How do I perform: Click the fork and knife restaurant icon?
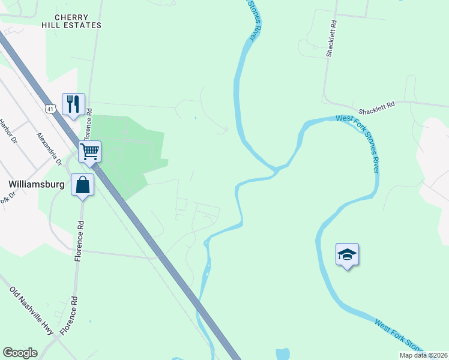click(x=73, y=104)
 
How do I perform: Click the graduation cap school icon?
click(x=347, y=254)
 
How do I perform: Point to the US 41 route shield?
click(x=50, y=109)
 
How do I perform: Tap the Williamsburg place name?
click(x=37, y=185)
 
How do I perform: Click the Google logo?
click(x=20, y=353)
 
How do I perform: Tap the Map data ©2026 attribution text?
click(x=423, y=355)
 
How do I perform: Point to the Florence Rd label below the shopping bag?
click(x=79, y=241)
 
